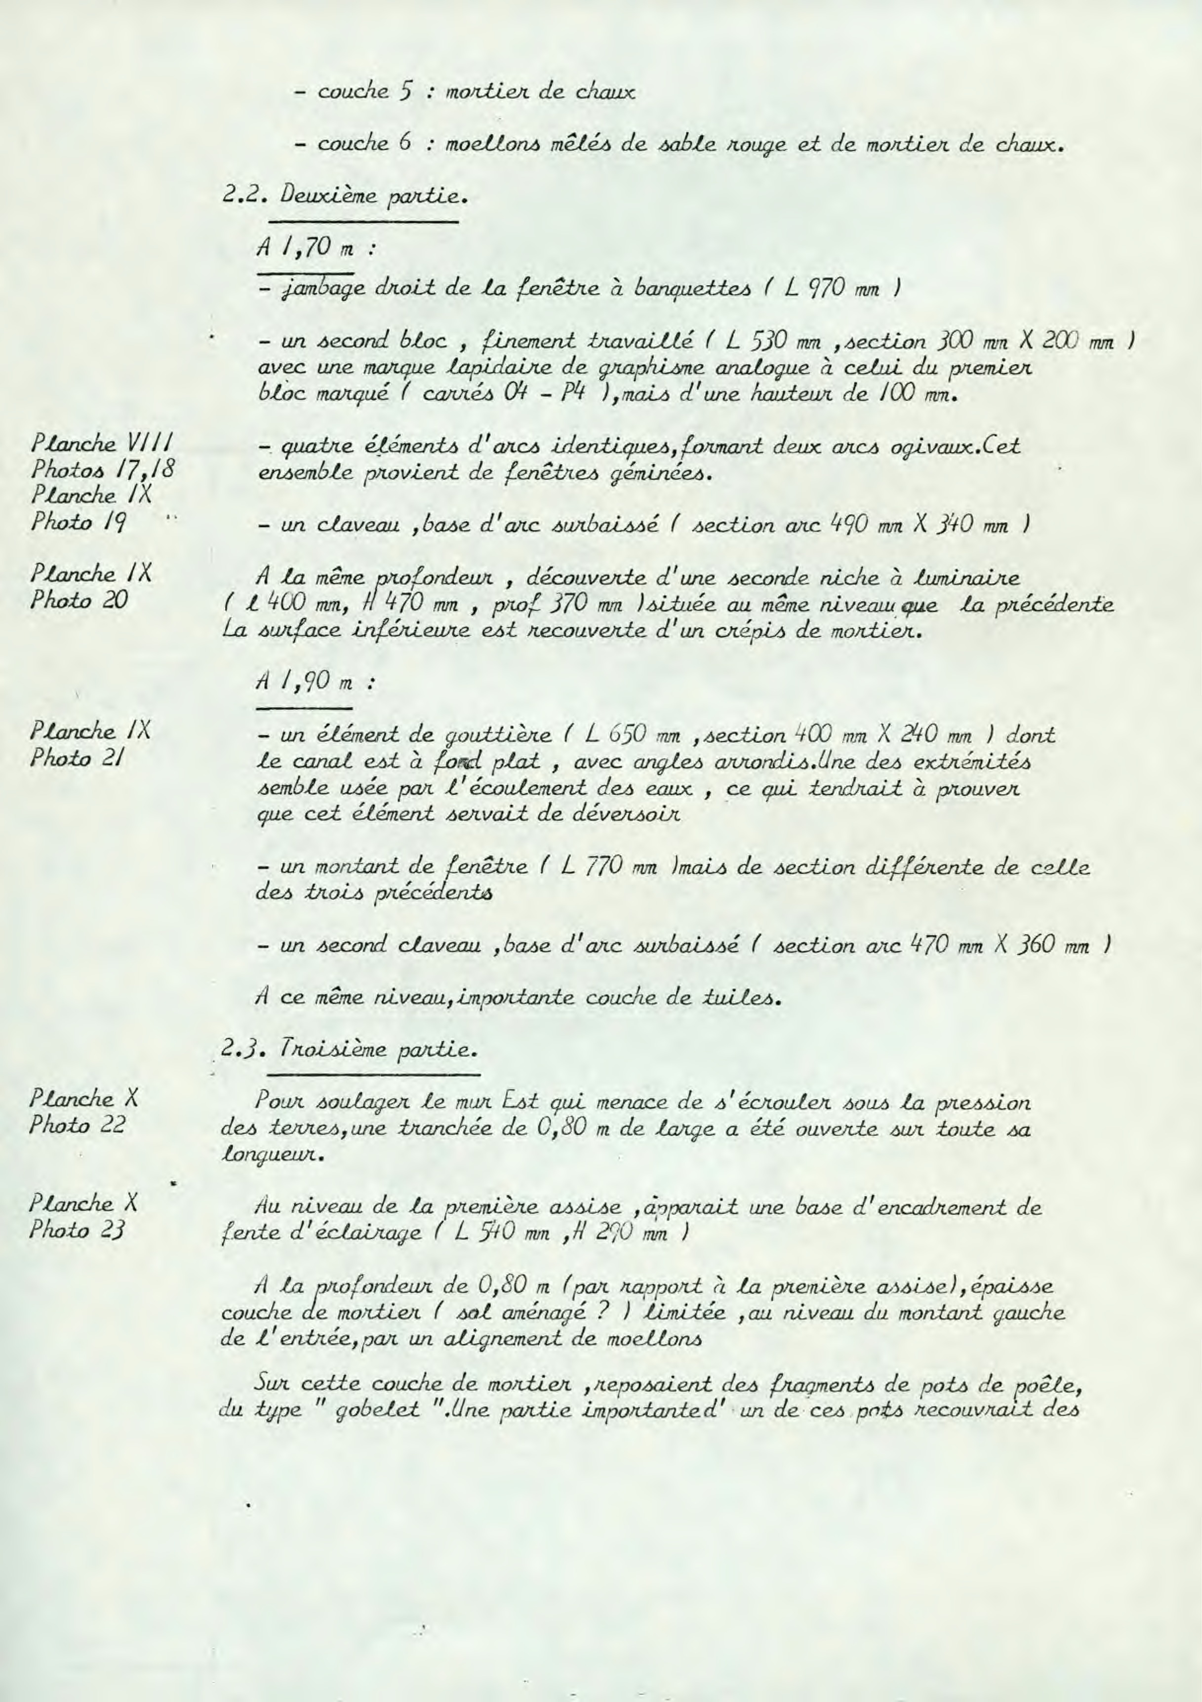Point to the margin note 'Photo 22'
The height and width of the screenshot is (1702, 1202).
(x=78, y=1125)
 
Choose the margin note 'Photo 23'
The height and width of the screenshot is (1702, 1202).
(x=78, y=1230)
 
